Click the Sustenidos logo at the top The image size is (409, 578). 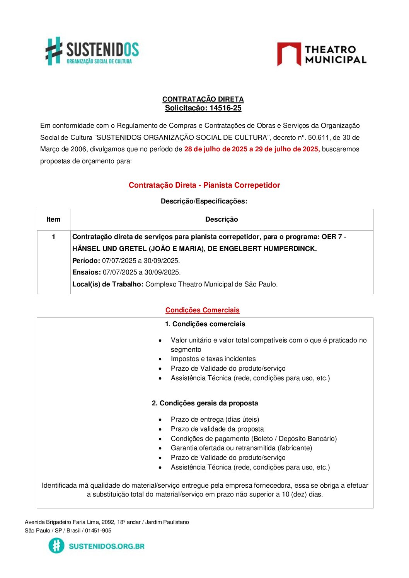pos(92,51)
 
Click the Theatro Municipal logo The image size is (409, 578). pos(322,54)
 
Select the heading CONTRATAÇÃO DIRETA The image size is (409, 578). pos(203,99)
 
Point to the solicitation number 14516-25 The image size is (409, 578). pos(225,108)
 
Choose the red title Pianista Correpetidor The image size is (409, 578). pos(242,185)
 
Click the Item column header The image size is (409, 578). pos(53,219)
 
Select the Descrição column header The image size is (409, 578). pos(222,219)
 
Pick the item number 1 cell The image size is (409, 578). pos(53,237)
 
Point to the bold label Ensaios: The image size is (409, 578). pos(87,272)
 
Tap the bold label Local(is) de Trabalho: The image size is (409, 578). pos(108,284)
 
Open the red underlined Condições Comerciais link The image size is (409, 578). pos(203,310)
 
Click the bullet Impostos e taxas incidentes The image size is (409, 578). pos(213,359)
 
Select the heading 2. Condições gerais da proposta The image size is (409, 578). pos(205,403)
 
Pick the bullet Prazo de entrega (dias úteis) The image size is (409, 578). pos(215,419)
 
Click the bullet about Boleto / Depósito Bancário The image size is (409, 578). pos(254,439)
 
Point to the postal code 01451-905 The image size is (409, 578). pos(98,531)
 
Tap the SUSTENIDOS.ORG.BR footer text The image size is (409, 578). pos(107,546)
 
